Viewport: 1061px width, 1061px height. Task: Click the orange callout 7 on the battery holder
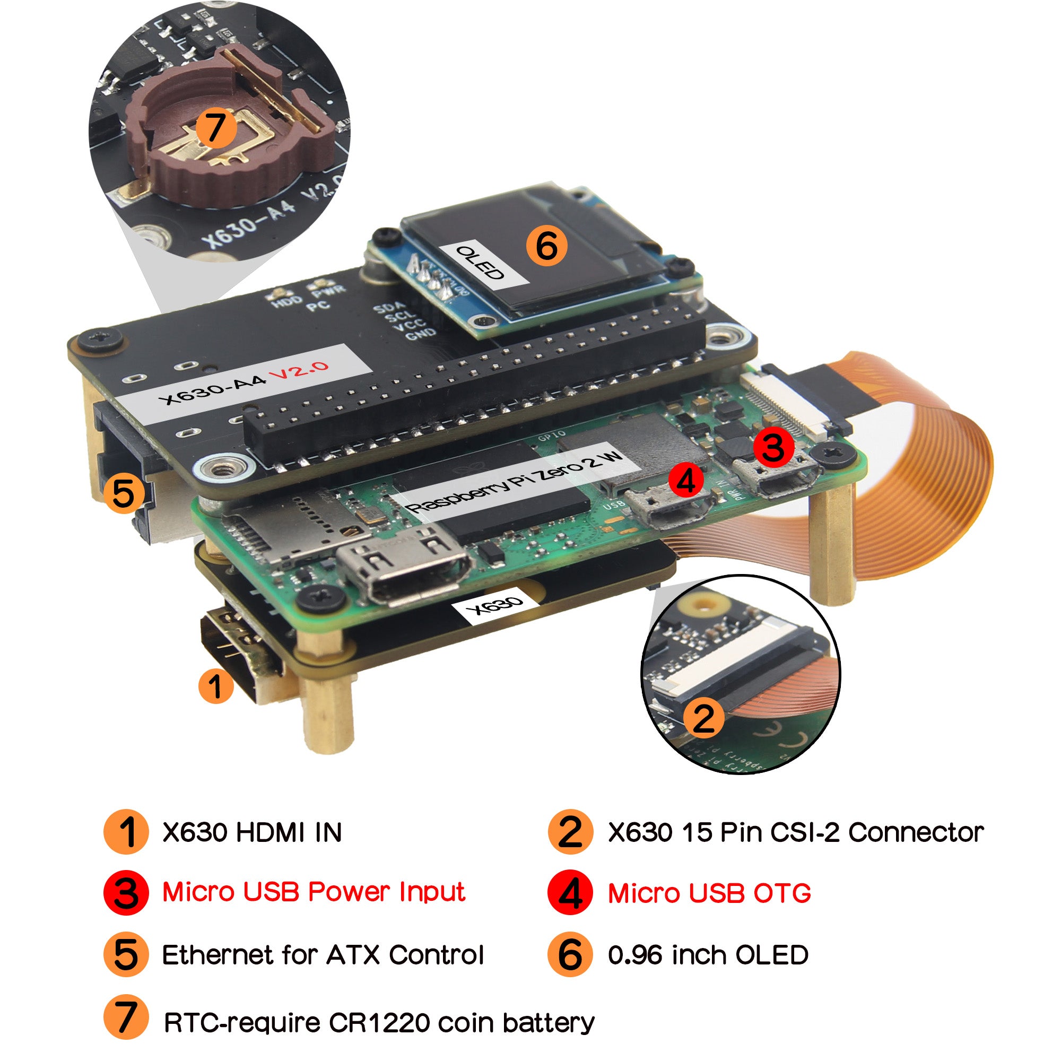215,127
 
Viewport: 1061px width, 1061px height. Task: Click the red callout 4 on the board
686,481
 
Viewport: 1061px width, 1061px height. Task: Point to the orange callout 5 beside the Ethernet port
123,493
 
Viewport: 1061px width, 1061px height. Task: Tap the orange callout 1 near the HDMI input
216,685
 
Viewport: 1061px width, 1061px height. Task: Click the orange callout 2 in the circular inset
703,718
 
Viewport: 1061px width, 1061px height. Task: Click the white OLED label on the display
480,263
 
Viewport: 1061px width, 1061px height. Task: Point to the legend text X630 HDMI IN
252,832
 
